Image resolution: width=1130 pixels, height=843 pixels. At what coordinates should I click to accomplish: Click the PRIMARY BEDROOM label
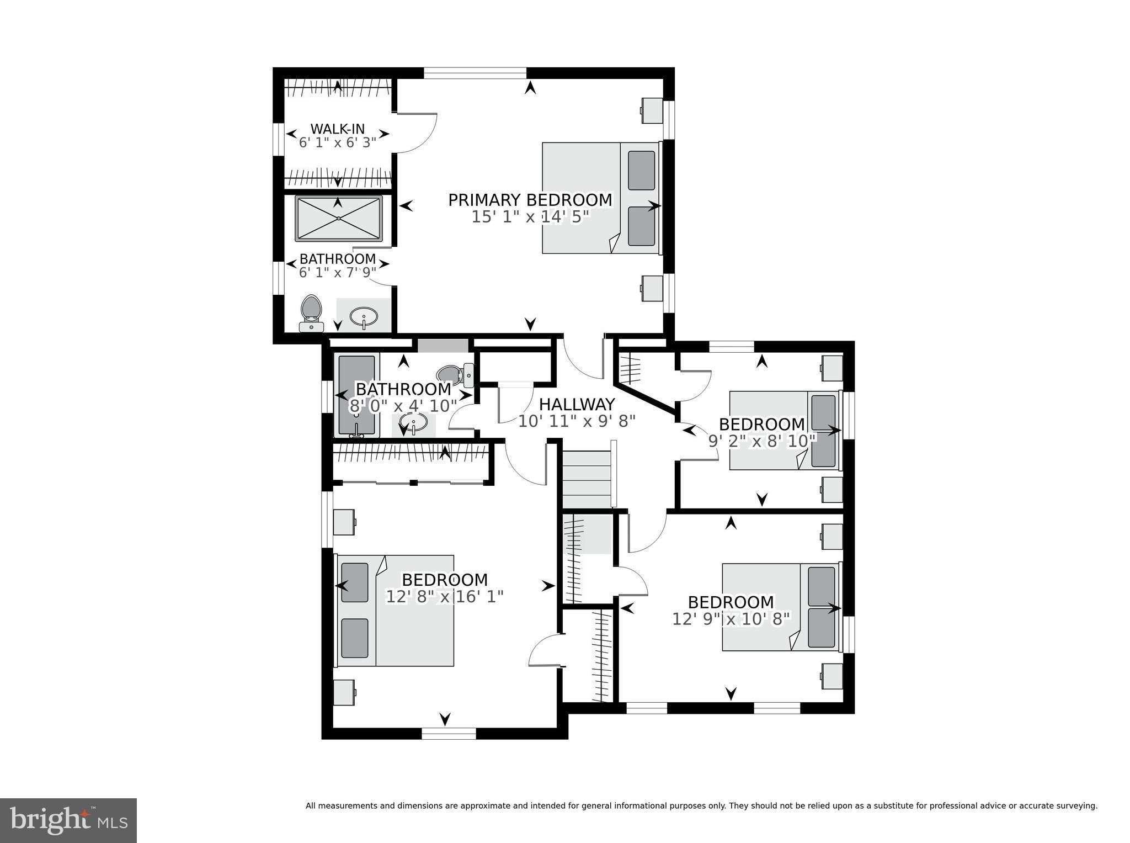530,200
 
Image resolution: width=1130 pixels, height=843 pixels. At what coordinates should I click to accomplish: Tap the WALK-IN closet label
337,129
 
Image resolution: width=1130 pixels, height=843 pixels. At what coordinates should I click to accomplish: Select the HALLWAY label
577,405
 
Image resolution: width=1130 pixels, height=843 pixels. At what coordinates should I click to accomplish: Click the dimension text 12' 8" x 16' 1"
444,597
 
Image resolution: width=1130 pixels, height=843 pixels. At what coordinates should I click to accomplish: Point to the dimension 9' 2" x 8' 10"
761,441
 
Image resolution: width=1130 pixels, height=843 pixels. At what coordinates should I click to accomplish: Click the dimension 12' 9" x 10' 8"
731,619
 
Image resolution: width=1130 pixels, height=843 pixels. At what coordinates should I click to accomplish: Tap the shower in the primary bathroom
338,218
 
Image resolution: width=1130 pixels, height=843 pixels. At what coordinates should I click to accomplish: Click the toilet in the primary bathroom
311,313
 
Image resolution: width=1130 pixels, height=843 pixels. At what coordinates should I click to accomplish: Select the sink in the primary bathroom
364,317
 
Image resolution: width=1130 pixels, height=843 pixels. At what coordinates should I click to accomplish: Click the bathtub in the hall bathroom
356,396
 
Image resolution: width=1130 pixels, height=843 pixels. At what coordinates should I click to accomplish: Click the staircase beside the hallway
587,478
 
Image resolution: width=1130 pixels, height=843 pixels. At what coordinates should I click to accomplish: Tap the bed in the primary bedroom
600,198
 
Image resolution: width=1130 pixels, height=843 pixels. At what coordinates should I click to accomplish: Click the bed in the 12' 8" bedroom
395,610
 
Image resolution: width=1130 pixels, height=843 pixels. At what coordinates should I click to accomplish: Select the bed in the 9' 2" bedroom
783,431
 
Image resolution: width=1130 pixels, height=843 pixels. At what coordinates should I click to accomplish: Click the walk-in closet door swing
417,132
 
